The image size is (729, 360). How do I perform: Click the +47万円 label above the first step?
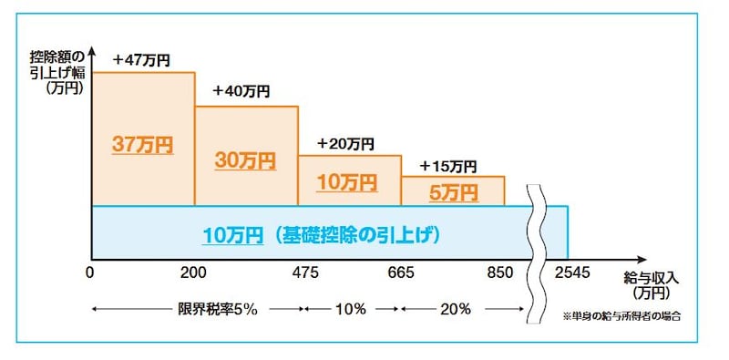click(141, 60)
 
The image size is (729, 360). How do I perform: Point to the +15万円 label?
click(448, 166)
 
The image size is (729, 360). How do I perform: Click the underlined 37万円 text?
click(142, 144)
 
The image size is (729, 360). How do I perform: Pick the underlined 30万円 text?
click(245, 160)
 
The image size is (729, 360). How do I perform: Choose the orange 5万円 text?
click(453, 192)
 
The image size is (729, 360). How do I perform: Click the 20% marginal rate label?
click(452, 309)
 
